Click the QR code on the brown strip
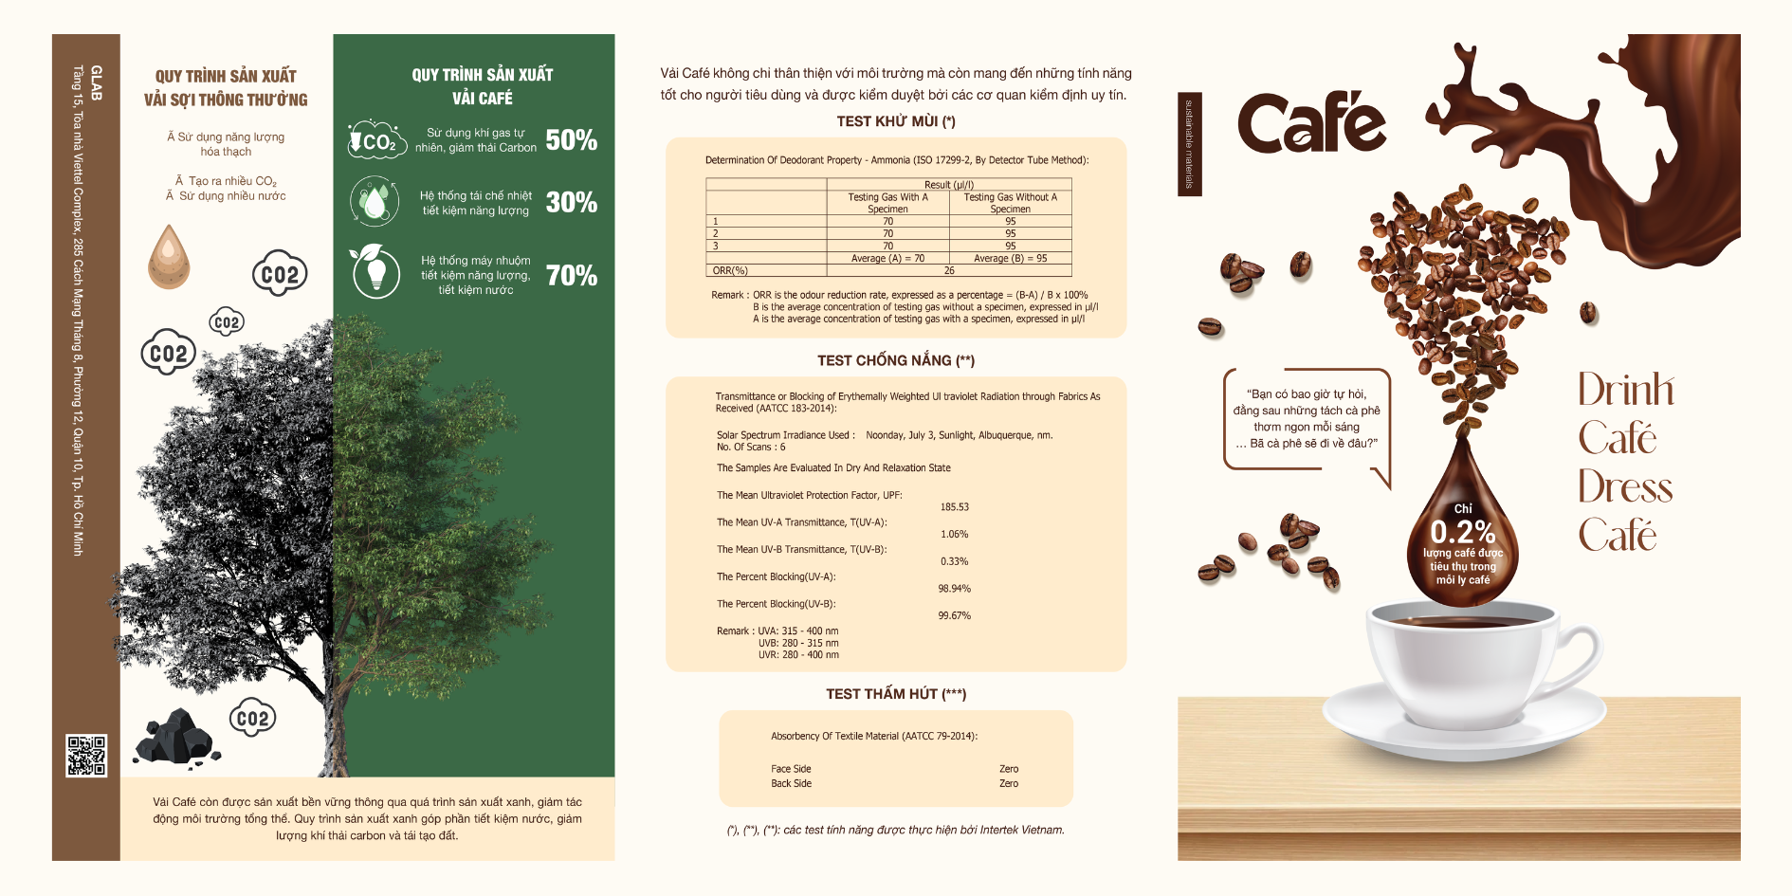pyautogui.click(x=86, y=755)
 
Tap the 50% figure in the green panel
pyautogui.click(x=571, y=140)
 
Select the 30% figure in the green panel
pyautogui.click(x=571, y=202)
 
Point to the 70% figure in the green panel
pyautogui.click(x=571, y=276)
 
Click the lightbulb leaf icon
pyautogui.click(x=375, y=271)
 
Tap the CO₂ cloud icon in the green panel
pyautogui.click(x=376, y=140)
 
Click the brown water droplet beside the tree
pyautogui.click(x=169, y=257)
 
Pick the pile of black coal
pyautogui.click(x=176, y=737)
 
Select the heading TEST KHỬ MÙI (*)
pyautogui.click(x=895, y=121)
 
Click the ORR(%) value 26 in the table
pyautogui.click(x=948, y=270)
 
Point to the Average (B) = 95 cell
pyautogui.click(x=1010, y=258)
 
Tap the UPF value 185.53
pyautogui.click(x=954, y=507)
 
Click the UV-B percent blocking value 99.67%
pyautogui.click(x=954, y=615)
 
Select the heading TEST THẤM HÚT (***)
pyautogui.click(x=895, y=694)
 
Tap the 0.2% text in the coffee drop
pyautogui.click(x=1462, y=532)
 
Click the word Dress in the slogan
pyautogui.click(x=1625, y=487)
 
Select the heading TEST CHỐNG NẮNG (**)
pyautogui.click(x=895, y=360)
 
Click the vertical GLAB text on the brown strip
pyautogui.click(x=96, y=83)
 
